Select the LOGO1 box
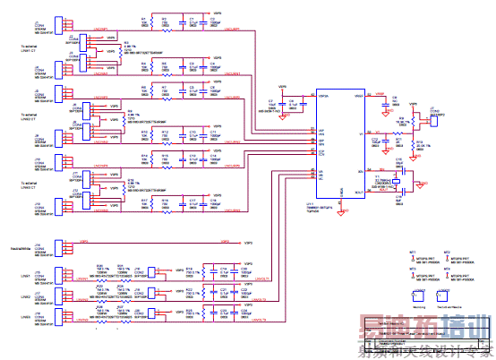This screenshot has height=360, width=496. (418, 295)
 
